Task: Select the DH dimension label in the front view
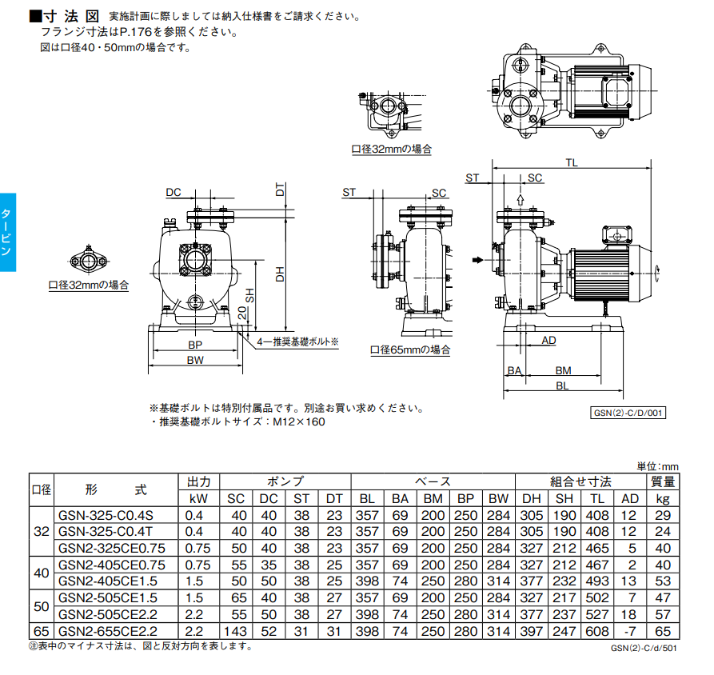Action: click(280, 274)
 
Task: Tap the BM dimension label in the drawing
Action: click(563, 370)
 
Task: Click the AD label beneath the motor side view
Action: click(549, 341)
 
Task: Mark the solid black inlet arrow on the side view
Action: click(478, 260)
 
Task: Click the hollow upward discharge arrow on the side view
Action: click(521, 200)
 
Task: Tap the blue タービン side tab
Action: click(7, 233)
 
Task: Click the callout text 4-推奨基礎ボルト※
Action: click(297, 341)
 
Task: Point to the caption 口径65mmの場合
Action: click(410, 349)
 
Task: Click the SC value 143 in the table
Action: click(237, 631)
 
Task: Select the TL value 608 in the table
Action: click(598, 631)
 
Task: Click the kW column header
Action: click(198, 499)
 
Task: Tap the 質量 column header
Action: click(663, 482)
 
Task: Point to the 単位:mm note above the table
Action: click(657, 466)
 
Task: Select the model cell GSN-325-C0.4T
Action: click(106, 531)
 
